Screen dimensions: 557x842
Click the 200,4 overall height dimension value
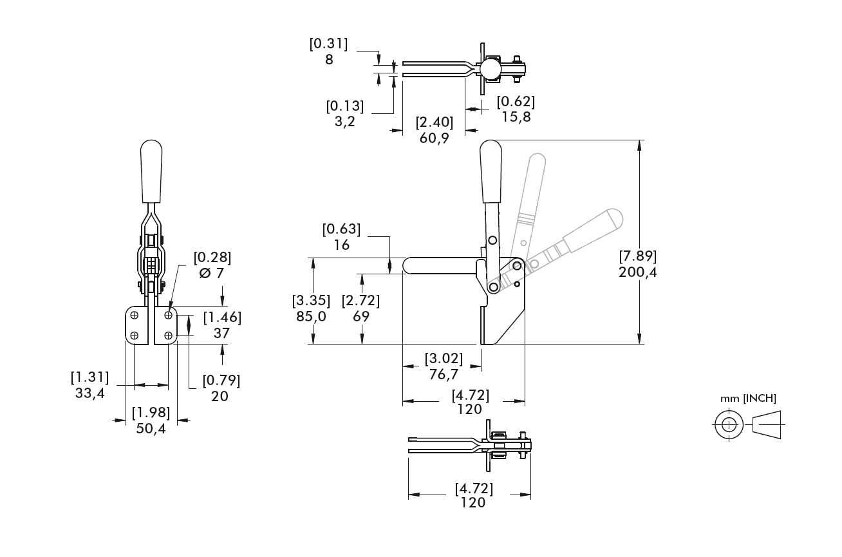tap(637, 272)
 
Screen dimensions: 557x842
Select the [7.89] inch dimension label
tap(637, 256)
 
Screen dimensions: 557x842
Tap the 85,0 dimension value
tap(312, 316)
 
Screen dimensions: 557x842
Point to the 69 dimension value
tap(361, 316)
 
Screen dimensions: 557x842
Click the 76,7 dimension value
tap(444, 374)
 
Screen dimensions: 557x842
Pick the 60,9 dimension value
tap(434, 137)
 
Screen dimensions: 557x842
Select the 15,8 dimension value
tap(516, 117)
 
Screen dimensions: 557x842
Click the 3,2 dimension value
tap(345, 120)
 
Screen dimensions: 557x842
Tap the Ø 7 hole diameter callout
tap(212, 273)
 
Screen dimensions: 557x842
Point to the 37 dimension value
tap(222, 333)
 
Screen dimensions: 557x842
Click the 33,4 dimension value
tap(89, 393)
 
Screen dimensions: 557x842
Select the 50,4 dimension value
tap(151, 428)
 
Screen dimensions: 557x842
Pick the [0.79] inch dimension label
tap(221, 380)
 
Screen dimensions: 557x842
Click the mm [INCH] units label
tap(748, 398)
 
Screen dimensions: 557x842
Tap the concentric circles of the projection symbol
tap(728, 425)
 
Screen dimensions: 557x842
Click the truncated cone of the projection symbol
tap(767, 425)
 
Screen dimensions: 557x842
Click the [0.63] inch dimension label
tap(341, 229)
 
